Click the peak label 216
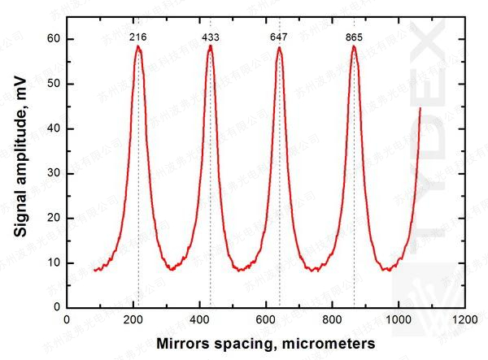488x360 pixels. [x=138, y=37]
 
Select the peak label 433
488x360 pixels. [x=211, y=37]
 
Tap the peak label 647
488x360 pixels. [x=280, y=37]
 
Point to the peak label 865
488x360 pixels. [x=354, y=37]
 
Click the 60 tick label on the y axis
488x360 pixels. [x=50, y=39]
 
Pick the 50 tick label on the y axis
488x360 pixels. [x=50, y=84]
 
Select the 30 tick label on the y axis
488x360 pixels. [x=50, y=173]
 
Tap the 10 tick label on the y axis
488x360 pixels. [x=50, y=262]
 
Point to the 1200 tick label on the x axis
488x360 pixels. [x=465, y=320]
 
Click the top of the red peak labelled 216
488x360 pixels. [x=138, y=47]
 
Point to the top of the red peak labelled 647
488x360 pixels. [x=280, y=48]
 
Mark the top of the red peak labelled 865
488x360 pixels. [x=354, y=46]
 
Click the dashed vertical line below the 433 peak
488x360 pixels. [x=211, y=203]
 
